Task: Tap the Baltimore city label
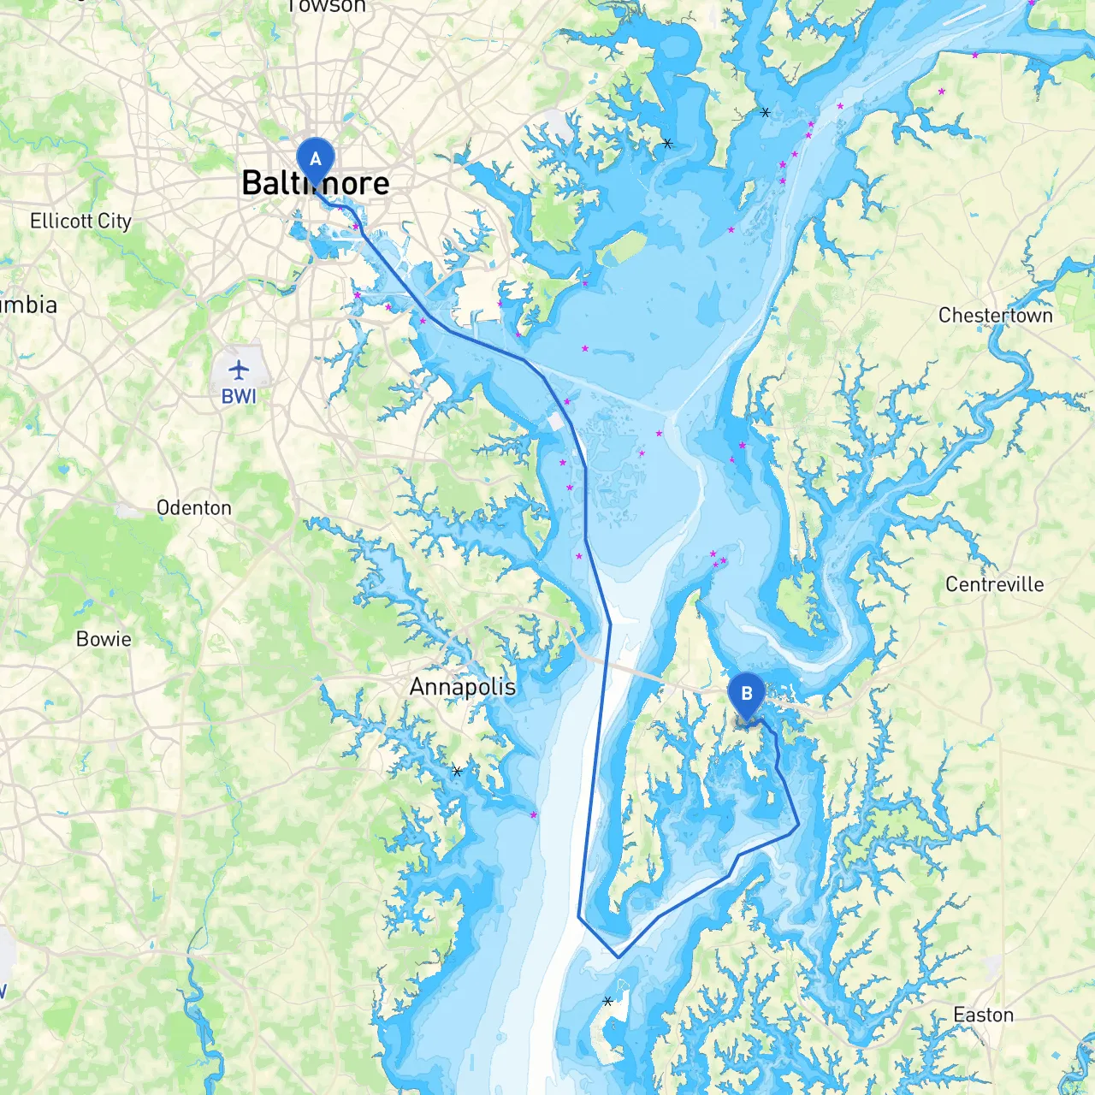click(x=316, y=183)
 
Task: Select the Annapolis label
click(x=462, y=687)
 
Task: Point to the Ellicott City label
click(x=80, y=221)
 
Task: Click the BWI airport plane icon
click(x=239, y=370)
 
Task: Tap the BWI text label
click(x=239, y=396)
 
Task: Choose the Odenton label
click(x=194, y=508)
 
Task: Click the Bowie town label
click(x=104, y=639)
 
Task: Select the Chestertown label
click(x=995, y=316)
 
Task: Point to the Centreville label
click(x=994, y=584)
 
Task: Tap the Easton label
click(x=983, y=1015)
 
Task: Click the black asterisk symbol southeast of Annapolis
click(x=457, y=771)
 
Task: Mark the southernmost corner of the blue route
click(x=618, y=956)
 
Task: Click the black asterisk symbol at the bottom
click(x=607, y=1001)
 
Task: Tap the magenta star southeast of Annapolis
click(x=534, y=815)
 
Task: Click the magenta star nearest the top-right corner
click(x=1031, y=3)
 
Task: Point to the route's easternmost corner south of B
click(x=798, y=826)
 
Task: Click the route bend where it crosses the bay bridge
click(x=610, y=624)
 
